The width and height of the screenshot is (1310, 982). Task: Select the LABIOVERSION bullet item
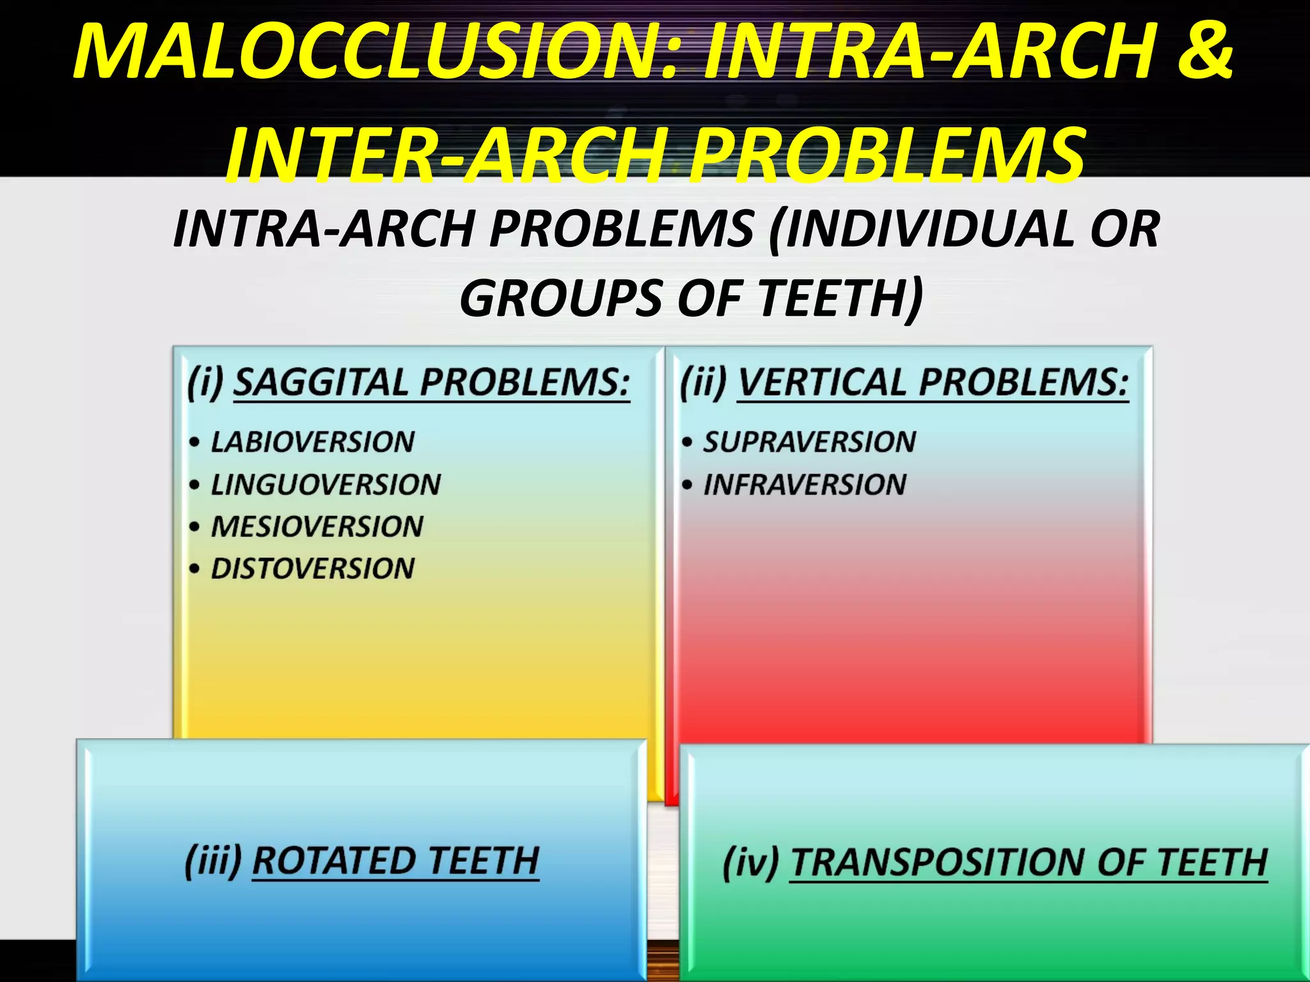click(313, 442)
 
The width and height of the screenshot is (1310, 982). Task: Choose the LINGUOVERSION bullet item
click(326, 484)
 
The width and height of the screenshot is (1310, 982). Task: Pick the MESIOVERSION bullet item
click(317, 526)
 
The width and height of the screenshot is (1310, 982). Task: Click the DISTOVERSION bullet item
click(313, 568)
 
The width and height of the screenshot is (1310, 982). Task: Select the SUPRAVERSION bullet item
click(809, 442)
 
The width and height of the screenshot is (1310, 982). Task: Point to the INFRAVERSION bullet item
click(805, 484)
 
